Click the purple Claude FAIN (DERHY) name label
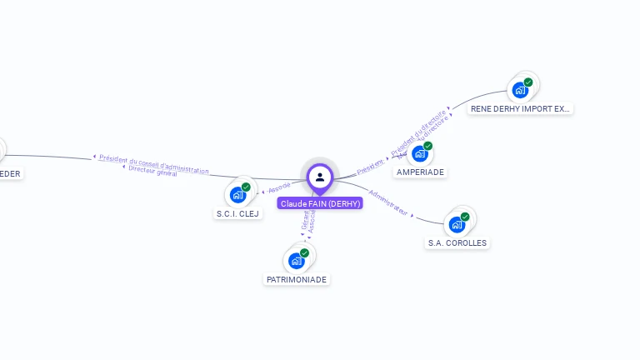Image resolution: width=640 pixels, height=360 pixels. pyautogui.click(x=320, y=203)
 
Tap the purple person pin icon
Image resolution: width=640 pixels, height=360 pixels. pyautogui.click(x=320, y=177)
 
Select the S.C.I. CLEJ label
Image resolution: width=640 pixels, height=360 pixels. pyautogui.click(x=237, y=213)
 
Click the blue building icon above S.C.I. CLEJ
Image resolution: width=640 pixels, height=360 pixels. pyautogui.click(x=238, y=194)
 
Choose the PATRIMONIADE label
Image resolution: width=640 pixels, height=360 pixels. pyautogui.click(x=297, y=279)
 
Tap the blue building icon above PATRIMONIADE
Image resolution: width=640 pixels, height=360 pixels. pyautogui.click(x=297, y=260)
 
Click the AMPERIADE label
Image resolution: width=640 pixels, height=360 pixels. pyautogui.click(x=421, y=172)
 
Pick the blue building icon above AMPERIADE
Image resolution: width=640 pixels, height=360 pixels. pyautogui.click(x=420, y=153)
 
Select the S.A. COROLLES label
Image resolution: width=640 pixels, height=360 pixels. pyautogui.click(x=457, y=242)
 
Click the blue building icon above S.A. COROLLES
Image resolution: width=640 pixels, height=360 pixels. pyautogui.click(x=457, y=223)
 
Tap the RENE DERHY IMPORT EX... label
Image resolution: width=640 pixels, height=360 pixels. pyautogui.click(x=521, y=108)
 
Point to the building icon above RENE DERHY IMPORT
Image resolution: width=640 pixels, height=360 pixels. pyautogui.click(x=521, y=89)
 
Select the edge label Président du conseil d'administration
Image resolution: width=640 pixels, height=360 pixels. pyautogui.click(x=154, y=163)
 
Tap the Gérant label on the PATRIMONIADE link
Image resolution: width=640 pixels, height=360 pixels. pyautogui.click(x=304, y=221)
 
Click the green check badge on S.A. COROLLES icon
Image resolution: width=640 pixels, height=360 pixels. pyautogui.click(x=465, y=217)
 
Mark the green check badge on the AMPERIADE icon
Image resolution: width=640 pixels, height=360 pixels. pyautogui.click(x=428, y=146)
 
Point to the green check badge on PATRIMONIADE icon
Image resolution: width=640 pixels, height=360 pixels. pyautogui.click(x=305, y=252)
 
